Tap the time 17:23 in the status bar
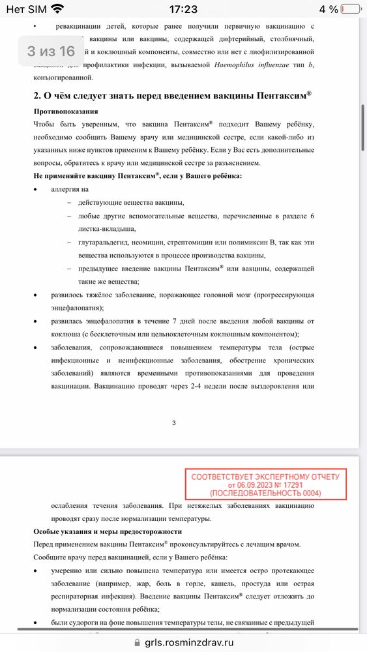(x=183, y=9)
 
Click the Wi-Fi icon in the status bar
(x=57, y=9)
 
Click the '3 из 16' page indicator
(x=51, y=52)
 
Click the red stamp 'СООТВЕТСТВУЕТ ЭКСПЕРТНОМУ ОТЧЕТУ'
(x=265, y=477)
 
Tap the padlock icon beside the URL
(x=137, y=642)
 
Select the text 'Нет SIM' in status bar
(x=28, y=9)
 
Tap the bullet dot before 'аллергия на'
(x=36, y=189)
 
